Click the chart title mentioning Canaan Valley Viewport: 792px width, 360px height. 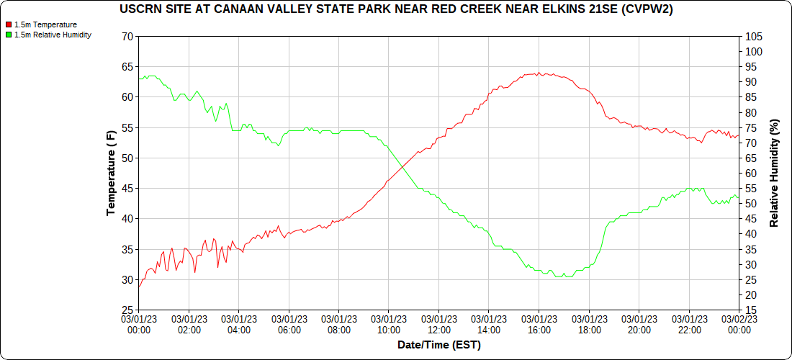[395, 9]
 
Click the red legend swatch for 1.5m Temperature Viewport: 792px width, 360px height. [9, 24]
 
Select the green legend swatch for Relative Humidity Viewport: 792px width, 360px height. [9, 35]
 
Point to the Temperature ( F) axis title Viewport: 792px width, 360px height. [111, 173]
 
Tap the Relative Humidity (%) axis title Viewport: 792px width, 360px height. [775, 173]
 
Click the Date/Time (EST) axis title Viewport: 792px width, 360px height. [438, 345]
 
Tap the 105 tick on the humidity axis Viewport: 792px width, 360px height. [754, 36]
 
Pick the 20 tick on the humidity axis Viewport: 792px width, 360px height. [751, 310]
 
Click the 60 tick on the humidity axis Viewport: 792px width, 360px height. [751, 174]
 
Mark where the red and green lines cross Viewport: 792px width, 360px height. [404, 164]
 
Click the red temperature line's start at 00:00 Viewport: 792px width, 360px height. [139, 287]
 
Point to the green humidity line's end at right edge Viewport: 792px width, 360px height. [738, 197]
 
